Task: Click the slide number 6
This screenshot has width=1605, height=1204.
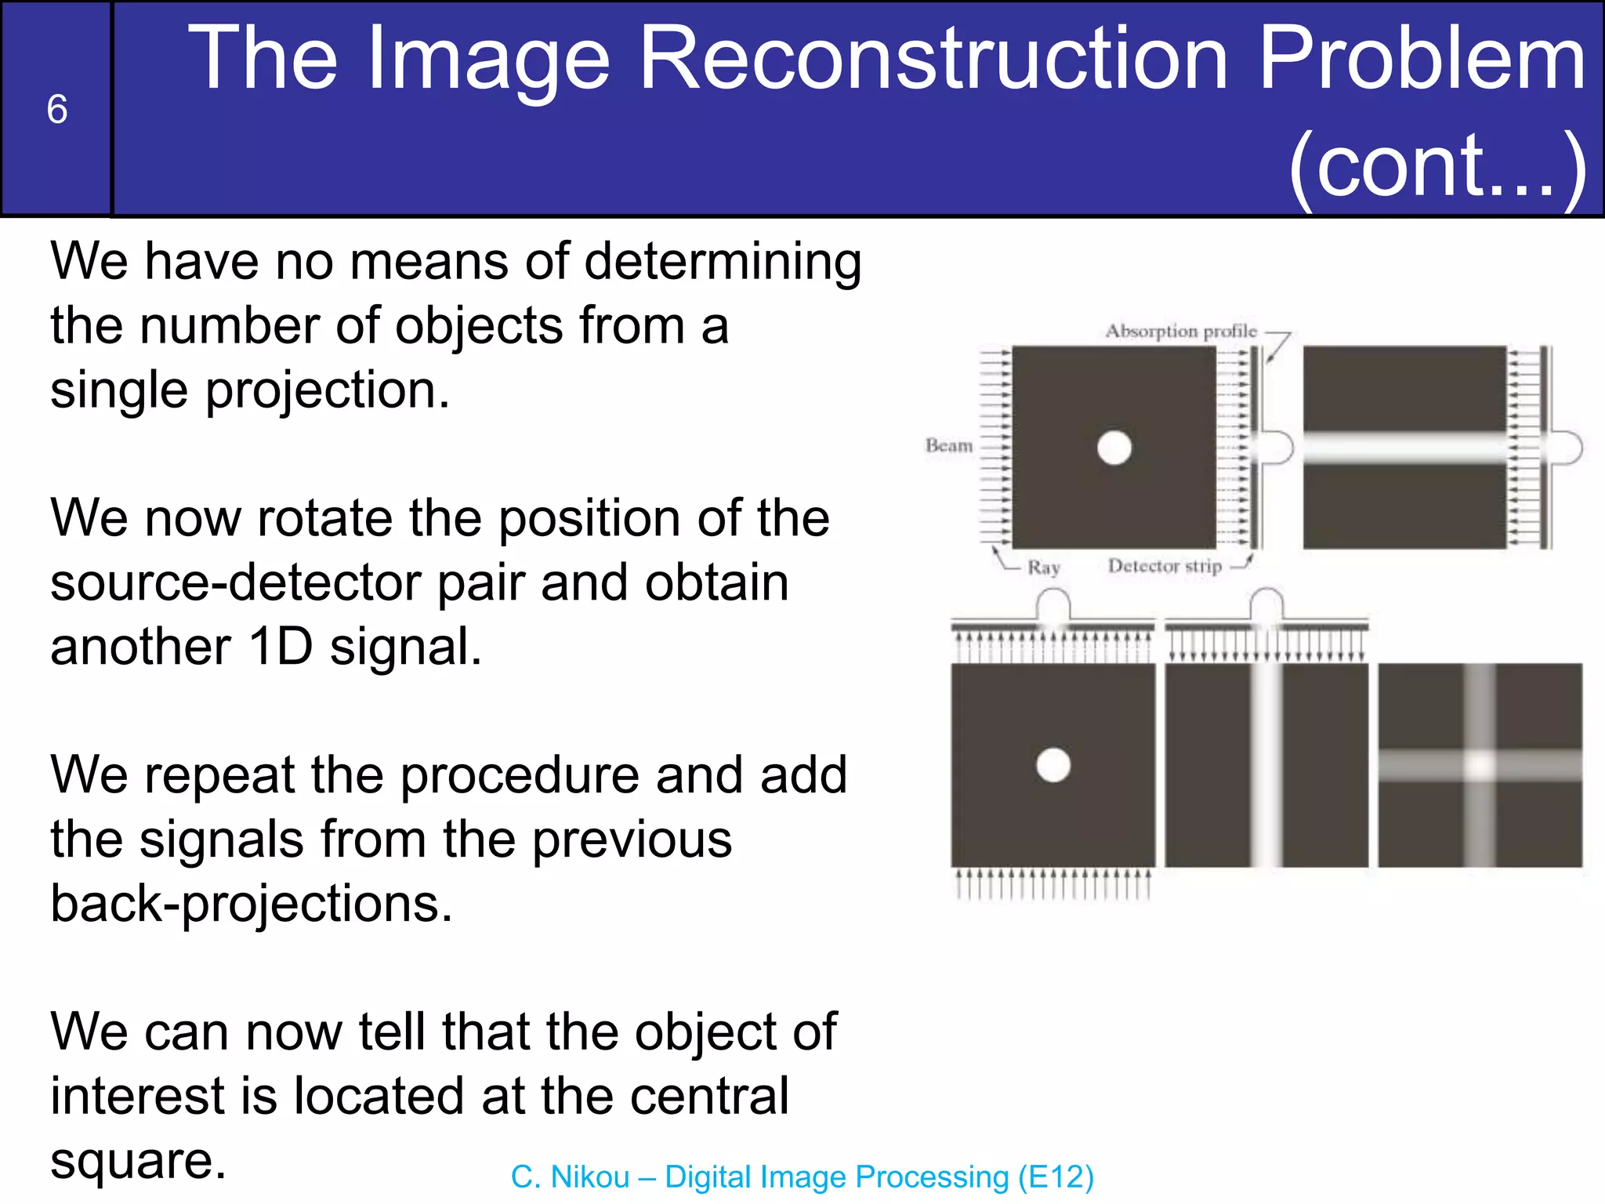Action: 56,109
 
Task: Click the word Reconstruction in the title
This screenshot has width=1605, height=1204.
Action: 933,59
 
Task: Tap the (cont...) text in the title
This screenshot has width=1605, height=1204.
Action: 1437,165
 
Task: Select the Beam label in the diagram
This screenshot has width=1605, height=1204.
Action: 948,445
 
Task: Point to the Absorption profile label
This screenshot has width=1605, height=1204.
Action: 1180,331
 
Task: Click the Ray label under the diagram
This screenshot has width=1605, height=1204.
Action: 1044,567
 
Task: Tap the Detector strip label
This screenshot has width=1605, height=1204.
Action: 1165,566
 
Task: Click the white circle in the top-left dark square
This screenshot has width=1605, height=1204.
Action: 1114,448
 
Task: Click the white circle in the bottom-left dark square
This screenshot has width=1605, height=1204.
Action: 1052,765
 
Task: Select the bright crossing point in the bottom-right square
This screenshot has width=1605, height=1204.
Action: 1480,765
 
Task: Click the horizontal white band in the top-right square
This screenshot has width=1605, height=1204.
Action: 1404,448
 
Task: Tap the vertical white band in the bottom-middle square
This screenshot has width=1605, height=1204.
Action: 1266,765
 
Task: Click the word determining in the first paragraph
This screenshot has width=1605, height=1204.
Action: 723,262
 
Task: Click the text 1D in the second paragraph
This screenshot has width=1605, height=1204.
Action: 280,647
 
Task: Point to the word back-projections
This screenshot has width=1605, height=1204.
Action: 251,904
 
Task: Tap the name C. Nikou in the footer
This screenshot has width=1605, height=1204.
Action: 570,1177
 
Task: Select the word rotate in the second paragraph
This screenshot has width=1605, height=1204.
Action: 328,519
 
